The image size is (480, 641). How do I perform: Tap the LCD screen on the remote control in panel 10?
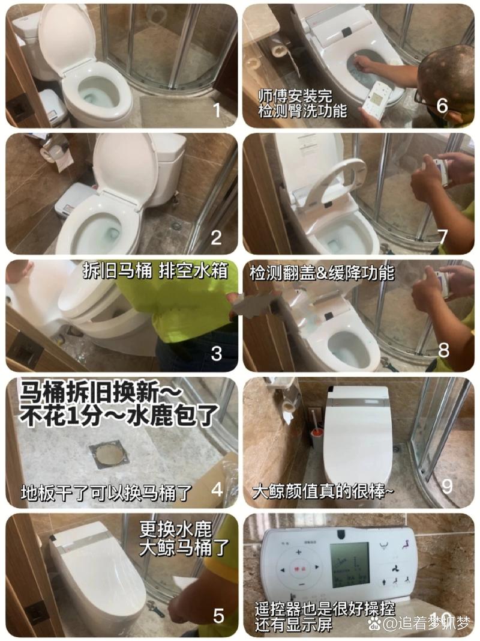pos(350,565)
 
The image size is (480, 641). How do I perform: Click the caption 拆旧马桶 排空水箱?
pos(155,271)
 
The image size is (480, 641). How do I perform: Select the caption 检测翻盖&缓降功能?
pos(322,272)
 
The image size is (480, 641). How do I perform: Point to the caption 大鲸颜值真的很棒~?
pos(323,491)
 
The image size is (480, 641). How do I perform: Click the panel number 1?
pos(216,110)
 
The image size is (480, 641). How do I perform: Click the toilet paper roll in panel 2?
pos(50,153)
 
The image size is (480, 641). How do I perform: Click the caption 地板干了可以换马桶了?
pos(106,493)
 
